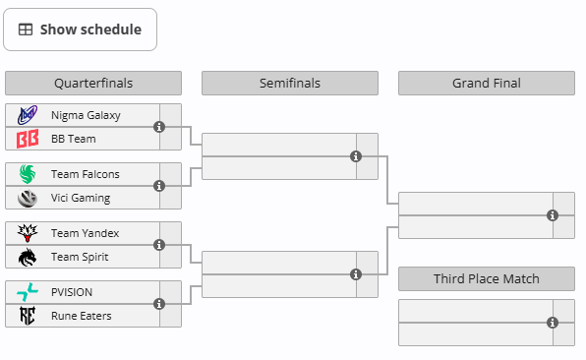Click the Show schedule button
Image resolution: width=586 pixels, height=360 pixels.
pyautogui.click(x=80, y=30)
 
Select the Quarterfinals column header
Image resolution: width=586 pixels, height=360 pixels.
pyautogui.click(x=93, y=83)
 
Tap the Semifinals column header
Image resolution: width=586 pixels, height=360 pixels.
pyautogui.click(x=290, y=83)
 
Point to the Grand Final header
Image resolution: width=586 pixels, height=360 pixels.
pyautogui.click(x=487, y=83)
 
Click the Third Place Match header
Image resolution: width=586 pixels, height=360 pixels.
pyautogui.click(x=487, y=279)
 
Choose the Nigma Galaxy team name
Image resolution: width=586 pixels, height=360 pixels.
pyautogui.click(x=86, y=115)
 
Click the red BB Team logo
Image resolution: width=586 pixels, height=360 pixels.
pyautogui.click(x=28, y=139)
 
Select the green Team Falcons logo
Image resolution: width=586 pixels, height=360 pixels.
pyautogui.click(x=28, y=174)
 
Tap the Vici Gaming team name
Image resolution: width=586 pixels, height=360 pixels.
pyautogui.click(x=81, y=198)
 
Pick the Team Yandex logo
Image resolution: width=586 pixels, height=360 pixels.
pyautogui.click(x=28, y=233)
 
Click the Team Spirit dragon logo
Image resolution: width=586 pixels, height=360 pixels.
pyautogui.click(x=28, y=257)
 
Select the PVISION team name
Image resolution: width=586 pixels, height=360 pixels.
pyautogui.click(x=72, y=292)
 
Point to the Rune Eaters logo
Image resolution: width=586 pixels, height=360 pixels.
pyautogui.click(x=28, y=316)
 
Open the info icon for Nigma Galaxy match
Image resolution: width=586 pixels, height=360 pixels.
pyautogui.click(x=159, y=127)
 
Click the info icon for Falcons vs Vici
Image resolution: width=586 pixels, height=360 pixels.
pyautogui.click(x=159, y=186)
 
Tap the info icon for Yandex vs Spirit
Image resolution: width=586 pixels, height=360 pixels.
pyautogui.click(x=159, y=245)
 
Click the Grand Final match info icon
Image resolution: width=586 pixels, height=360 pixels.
pyautogui.click(x=553, y=215)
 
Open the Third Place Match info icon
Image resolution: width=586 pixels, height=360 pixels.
pyautogui.click(x=553, y=323)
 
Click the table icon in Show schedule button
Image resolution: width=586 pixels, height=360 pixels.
pyautogui.click(x=26, y=30)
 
